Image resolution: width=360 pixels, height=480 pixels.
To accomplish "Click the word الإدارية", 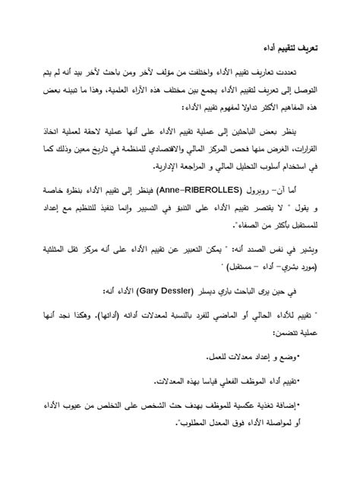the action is (x=169, y=165).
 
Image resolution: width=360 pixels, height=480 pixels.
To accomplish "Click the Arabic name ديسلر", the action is (x=242, y=291).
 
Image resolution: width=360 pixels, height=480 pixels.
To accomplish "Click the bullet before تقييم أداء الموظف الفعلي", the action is (x=299, y=381).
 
